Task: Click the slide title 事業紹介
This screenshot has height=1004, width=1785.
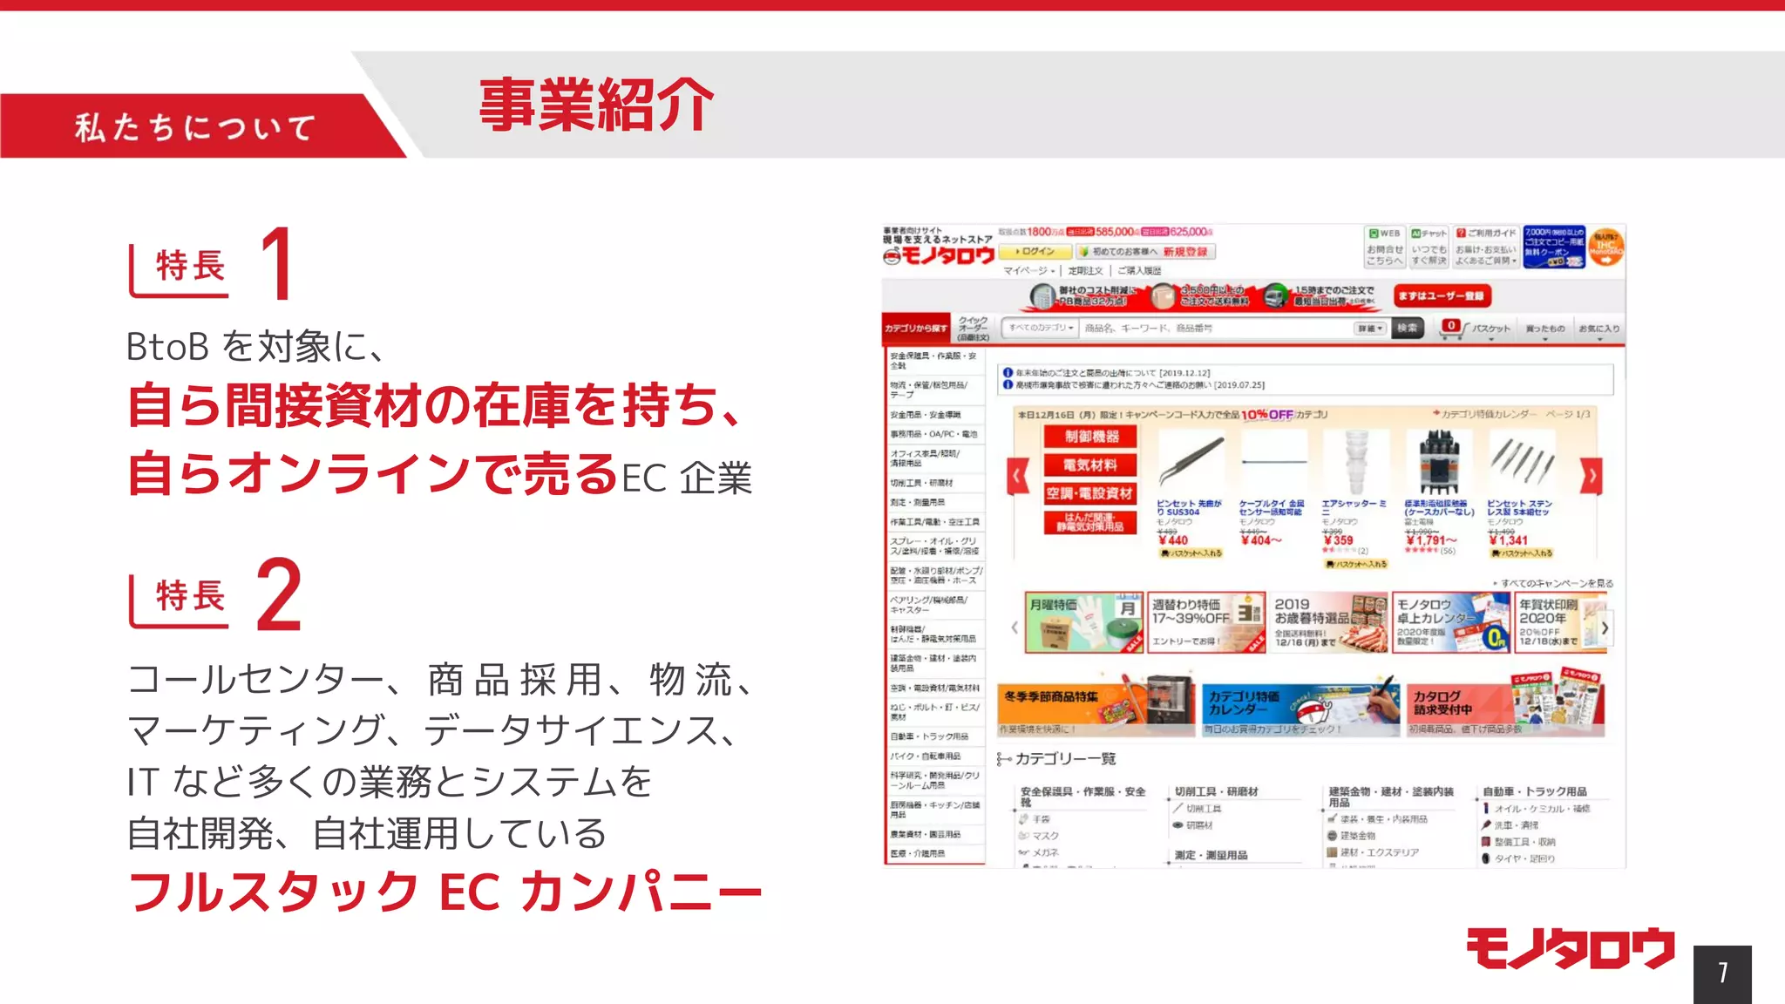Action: pyautogui.click(x=596, y=105)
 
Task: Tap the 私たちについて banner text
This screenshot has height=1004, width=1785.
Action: pyautogui.click(x=195, y=127)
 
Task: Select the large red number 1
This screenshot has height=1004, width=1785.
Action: pyautogui.click(x=277, y=263)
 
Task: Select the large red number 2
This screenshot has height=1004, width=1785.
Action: pyautogui.click(x=280, y=595)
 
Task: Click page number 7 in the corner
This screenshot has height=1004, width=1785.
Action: pyautogui.click(x=1722, y=973)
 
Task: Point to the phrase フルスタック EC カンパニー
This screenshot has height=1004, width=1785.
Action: pyautogui.click(x=445, y=892)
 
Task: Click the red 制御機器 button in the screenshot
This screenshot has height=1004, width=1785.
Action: pyautogui.click(x=1091, y=437)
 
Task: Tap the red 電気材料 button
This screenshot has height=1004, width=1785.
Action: pyautogui.click(x=1090, y=465)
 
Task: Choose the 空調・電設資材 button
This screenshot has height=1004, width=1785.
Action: pyautogui.click(x=1090, y=493)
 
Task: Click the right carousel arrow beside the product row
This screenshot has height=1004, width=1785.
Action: pyautogui.click(x=1592, y=476)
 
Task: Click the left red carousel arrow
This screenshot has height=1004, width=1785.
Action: pyautogui.click(x=1018, y=476)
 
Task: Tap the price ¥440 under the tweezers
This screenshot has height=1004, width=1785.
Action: pyautogui.click(x=1174, y=540)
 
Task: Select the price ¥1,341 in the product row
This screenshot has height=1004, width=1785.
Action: pyautogui.click(x=1510, y=540)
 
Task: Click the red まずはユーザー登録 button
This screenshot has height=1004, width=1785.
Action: pyautogui.click(x=1442, y=296)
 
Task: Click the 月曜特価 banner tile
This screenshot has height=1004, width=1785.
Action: pyautogui.click(x=1083, y=622)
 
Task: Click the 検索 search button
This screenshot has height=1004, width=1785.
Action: pyautogui.click(x=1408, y=328)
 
